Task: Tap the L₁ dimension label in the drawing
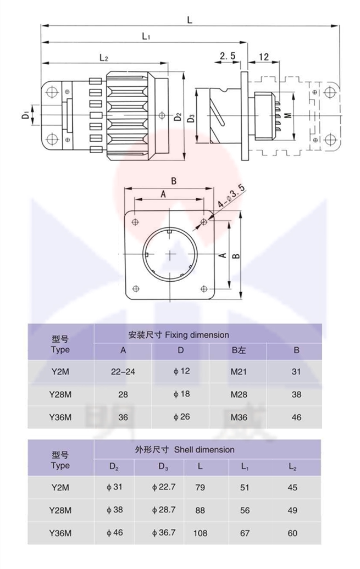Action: tap(146, 36)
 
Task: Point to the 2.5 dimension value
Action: tap(228, 56)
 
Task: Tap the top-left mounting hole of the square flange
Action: tap(135, 221)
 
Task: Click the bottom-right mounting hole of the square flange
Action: tap(204, 289)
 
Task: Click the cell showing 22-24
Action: tap(123, 371)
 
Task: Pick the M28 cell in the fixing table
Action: tap(239, 394)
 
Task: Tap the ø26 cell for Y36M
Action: tap(181, 417)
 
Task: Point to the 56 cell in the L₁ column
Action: tap(245, 510)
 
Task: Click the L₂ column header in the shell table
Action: tap(292, 467)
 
